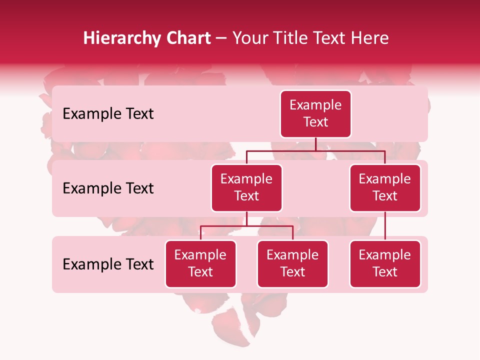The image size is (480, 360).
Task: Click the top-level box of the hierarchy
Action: click(315, 114)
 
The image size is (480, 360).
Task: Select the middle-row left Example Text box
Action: click(246, 188)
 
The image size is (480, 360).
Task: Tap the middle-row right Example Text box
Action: click(385, 188)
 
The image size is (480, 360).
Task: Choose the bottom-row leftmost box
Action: click(200, 264)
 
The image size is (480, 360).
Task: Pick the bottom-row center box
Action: click(292, 264)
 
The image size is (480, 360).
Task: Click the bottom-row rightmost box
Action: click(385, 264)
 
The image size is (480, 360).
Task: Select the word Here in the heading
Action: click(370, 38)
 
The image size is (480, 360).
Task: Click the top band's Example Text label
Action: click(108, 114)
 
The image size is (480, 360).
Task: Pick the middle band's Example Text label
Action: click(108, 188)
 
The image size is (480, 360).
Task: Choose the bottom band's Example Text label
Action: click(108, 264)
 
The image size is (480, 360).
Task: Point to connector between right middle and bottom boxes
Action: click(385, 225)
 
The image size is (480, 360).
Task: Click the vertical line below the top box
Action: click(315, 144)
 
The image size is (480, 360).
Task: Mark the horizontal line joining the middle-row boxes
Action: click(315, 150)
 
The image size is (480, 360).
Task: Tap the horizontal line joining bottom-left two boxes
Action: click(246, 226)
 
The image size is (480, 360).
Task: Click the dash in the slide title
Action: click(221, 38)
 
